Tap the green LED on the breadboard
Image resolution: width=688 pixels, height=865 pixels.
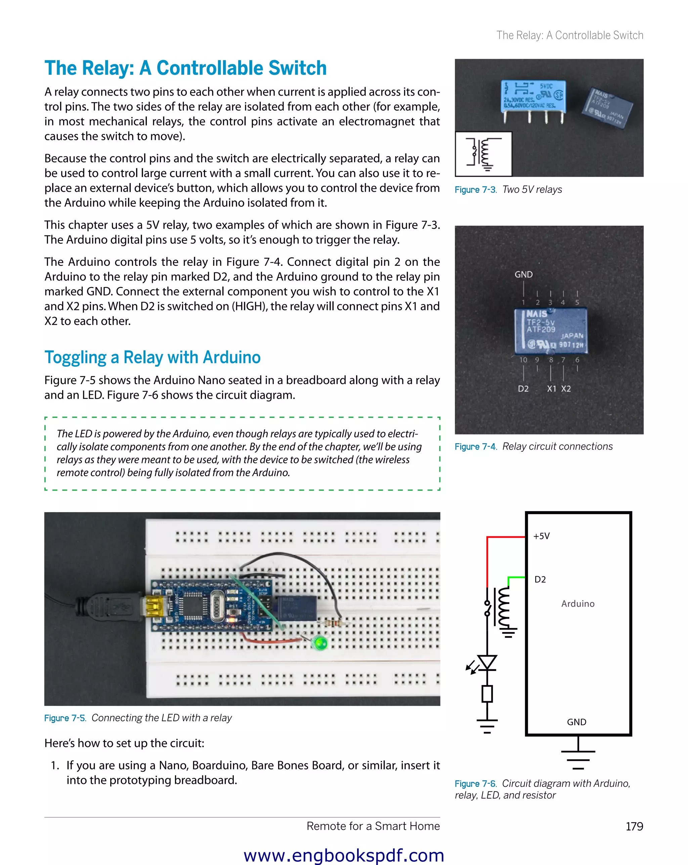(320, 643)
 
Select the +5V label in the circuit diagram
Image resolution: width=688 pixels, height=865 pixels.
(541, 536)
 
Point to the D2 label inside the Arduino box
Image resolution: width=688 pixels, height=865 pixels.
(540, 579)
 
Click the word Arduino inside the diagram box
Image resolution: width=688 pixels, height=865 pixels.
(577, 603)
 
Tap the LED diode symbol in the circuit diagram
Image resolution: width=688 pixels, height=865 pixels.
(487, 663)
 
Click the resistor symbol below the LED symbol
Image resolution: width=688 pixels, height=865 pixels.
(487, 694)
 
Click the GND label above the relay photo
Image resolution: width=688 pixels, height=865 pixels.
(523, 274)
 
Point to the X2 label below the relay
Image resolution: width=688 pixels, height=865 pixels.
(566, 389)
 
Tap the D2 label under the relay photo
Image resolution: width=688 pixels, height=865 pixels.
(523, 389)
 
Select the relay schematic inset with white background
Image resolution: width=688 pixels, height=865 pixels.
(483, 154)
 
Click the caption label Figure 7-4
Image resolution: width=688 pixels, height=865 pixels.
(475, 447)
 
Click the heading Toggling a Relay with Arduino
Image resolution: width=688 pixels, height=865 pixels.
(153, 357)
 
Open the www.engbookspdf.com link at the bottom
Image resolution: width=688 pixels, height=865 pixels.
(344, 855)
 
